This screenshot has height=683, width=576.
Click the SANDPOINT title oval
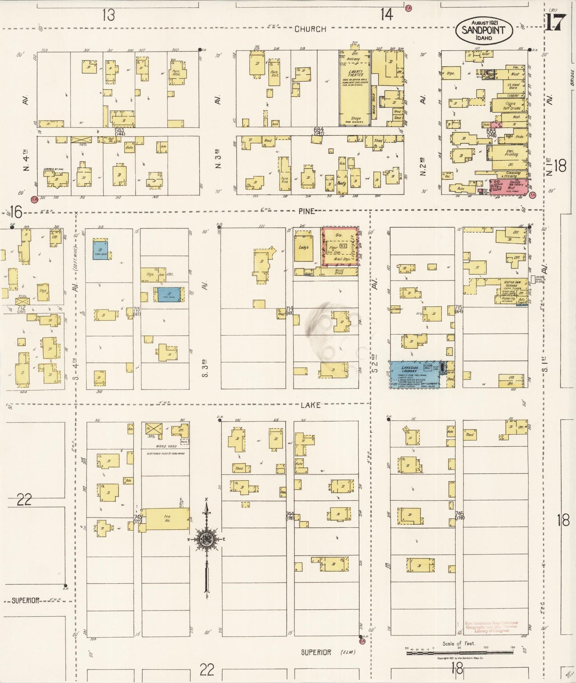484,31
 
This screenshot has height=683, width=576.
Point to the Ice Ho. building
167,519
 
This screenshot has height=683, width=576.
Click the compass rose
206,540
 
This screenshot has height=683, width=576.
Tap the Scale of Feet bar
459,653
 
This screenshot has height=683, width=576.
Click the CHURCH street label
311,29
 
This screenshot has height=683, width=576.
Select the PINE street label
307,211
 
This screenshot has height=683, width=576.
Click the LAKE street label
311,405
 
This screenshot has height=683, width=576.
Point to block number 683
119,130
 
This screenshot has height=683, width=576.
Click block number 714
289,309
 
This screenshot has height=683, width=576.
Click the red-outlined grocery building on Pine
340,247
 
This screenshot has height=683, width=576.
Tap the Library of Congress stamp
491,627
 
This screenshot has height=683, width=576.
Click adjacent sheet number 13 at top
108,15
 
